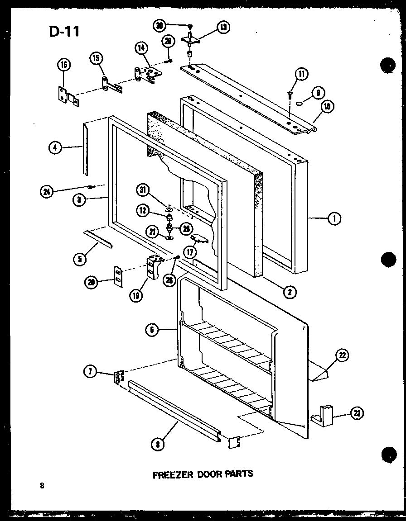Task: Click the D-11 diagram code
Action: click(x=63, y=31)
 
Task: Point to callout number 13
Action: click(x=223, y=27)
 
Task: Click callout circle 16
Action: click(x=64, y=65)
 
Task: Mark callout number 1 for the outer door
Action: click(x=335, y=219)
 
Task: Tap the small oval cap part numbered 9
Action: click(x=299, y=104)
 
